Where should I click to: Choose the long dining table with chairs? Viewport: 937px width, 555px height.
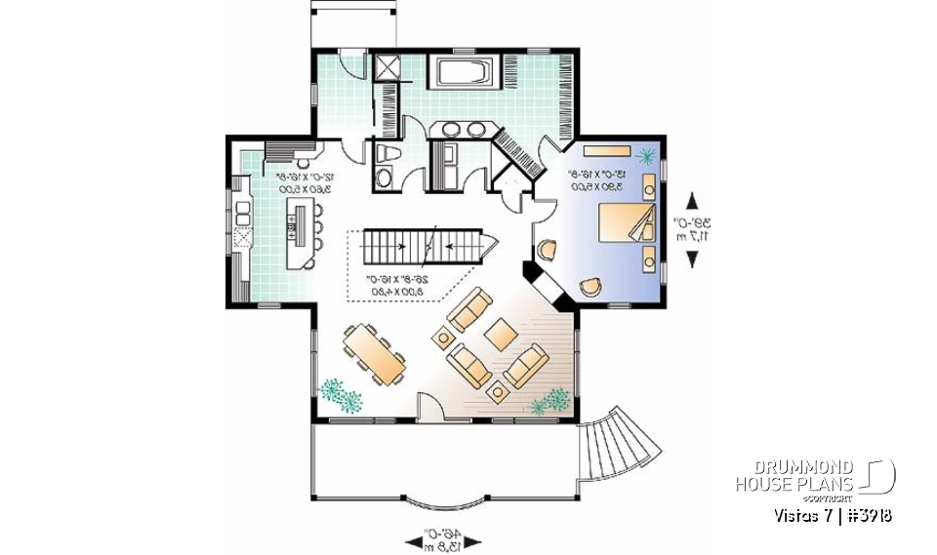tap(375, 355)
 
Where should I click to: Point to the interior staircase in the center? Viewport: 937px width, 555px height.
tap(422, 246)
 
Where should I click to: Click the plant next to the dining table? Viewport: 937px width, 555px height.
tap(339, 394)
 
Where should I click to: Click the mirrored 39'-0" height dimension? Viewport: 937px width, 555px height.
tap(692, 229)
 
